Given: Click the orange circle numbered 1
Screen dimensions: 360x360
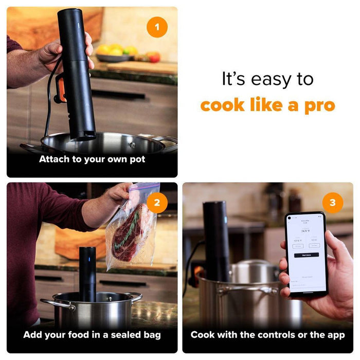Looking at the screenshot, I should pyautogui.click(x=157, y=27).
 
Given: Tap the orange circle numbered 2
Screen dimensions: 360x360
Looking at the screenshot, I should pyautogui.click(x=157, y=203).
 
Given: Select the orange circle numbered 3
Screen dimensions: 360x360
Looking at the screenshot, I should pyautogui.click(x=333, y=203).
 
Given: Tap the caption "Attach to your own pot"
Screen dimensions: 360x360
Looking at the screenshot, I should pyautogui.click(x=92, y=159).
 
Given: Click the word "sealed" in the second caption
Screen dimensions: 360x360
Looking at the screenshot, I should pyautogui.click(x=114, y=335).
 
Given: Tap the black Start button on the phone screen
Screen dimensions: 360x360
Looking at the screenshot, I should pyautogui.click(x=307, y=255).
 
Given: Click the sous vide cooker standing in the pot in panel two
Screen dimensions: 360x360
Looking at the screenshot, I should pyautogui.click(x=87, y=273).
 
